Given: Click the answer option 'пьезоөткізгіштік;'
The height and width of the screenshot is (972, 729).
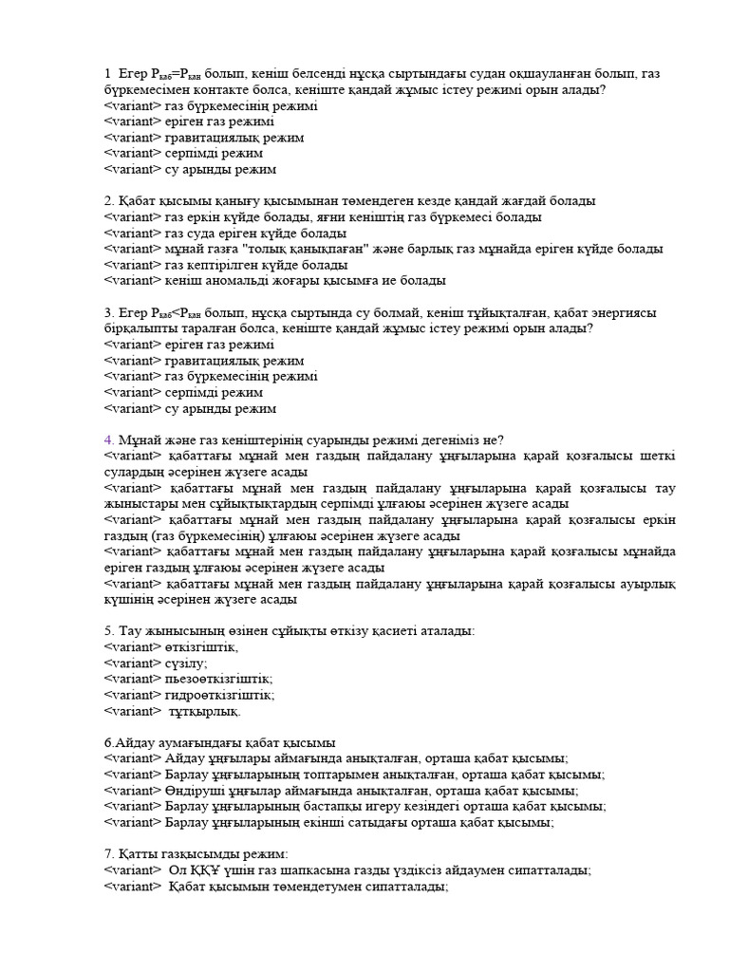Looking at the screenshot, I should tap(218, 679).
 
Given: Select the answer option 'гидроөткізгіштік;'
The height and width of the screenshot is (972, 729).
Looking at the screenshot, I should tap(219, 695).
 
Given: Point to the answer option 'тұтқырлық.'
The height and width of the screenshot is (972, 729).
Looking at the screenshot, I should tap(205, 711).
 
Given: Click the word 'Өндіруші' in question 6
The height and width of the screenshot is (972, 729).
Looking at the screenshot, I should tap(195, 791).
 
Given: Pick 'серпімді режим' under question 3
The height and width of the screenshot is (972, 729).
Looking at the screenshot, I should tap(214, 392).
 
